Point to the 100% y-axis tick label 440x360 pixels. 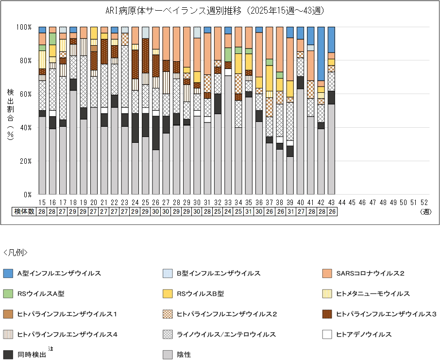(24, 27)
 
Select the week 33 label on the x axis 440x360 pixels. (228, 202)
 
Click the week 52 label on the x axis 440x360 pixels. (424, 202)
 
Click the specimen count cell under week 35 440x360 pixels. (249, 212)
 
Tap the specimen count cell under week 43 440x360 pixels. (331, 212)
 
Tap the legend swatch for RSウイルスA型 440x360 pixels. (8, 293)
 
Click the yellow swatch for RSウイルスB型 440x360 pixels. (168, 293)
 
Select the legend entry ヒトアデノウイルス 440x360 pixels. (364, 334)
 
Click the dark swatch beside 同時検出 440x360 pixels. (8, 355)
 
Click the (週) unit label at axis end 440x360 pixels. (425, 212)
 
